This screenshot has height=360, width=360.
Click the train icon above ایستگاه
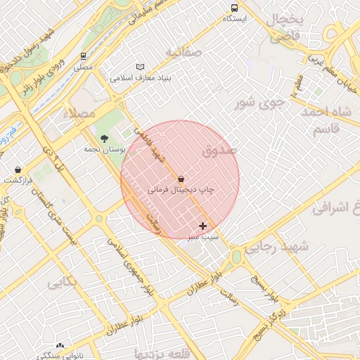[x=234, y=8]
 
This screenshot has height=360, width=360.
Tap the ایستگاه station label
[x=234, y=18]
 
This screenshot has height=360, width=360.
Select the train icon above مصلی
[x=84, y=56]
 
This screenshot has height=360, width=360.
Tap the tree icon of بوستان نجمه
[x=105, y=139]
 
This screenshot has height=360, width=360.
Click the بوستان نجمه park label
[x=104, y=149]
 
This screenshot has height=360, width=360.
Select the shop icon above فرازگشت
[x=18, y=169]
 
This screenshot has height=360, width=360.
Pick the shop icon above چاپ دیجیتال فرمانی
[x=181, y=179]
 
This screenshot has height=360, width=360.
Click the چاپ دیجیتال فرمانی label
[x=181, y=190]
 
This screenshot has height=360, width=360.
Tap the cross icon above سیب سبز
[x=203, y=226]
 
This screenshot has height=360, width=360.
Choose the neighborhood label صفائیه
[x=184, y=53]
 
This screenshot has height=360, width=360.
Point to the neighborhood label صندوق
[x=219, y=150]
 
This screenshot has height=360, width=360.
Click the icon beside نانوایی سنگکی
[x=60, y=345]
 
